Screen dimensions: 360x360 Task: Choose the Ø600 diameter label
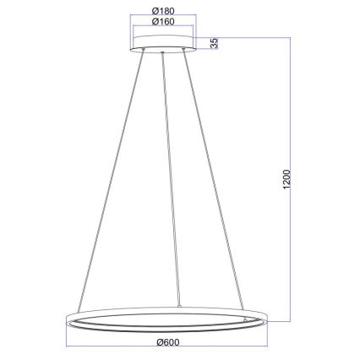pyautogui.click(x=168, y=341)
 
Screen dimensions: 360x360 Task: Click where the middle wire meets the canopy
pyautogui.click(x=161, y=53)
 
